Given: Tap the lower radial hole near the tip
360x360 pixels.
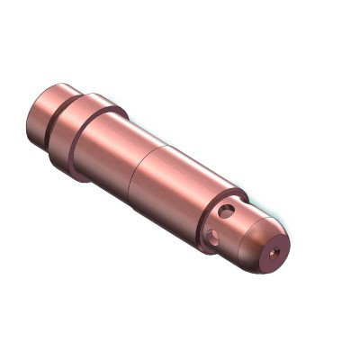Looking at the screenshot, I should coord(213,238).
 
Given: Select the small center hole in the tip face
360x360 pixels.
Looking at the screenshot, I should coord(275,255).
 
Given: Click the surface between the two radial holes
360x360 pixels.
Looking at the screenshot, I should coord(222,225).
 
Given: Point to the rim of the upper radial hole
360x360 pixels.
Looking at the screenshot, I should coord(233,210).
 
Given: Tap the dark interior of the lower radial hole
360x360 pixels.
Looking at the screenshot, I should coord(212,237).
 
